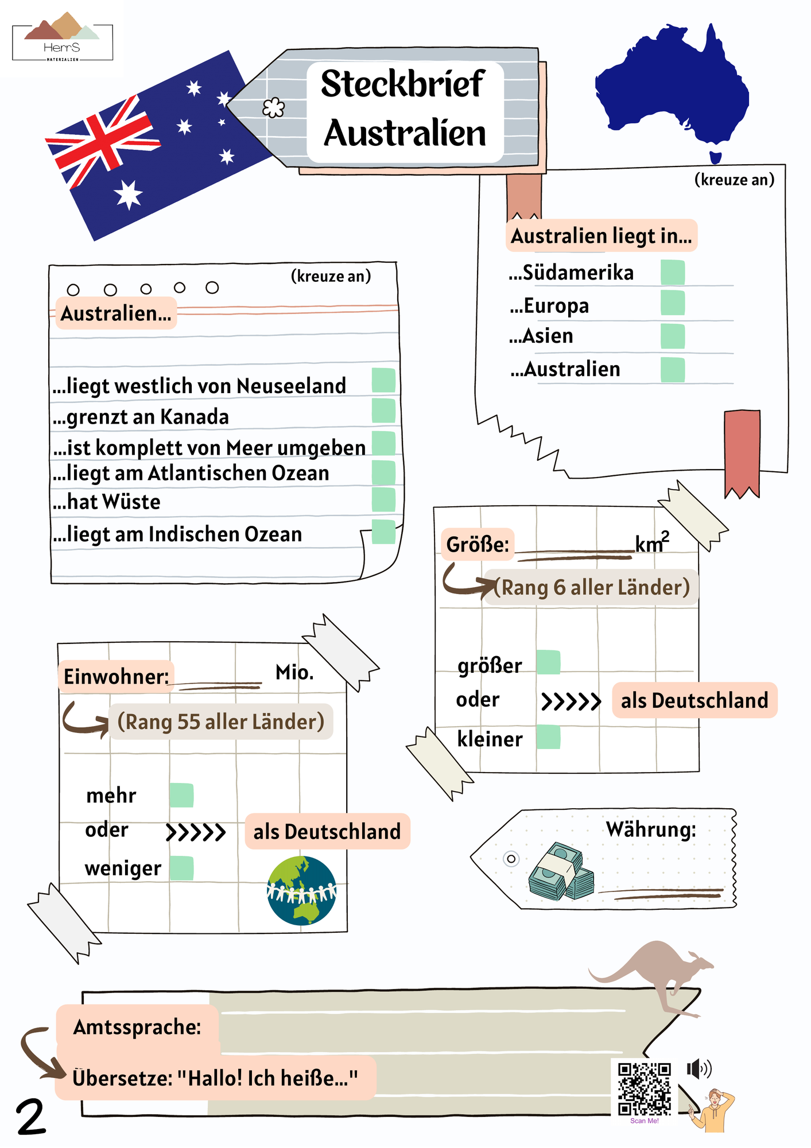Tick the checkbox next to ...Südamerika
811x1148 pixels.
(672, 272)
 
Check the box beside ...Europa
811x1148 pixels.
(672, 303)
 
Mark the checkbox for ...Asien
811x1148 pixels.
(672, 336)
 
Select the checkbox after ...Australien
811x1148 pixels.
(672, 370)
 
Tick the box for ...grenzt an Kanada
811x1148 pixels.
(383, 411)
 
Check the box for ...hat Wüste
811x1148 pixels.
(383, 499)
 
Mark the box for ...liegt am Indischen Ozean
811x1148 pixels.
(383, 532)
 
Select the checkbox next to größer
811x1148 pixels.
(548, 662)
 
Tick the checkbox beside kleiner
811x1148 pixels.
(548, 737)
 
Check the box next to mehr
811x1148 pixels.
(181, 796)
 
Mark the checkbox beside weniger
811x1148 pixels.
(181, 868)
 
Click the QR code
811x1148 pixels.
(644, 1089)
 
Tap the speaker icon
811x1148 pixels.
(699, 1069)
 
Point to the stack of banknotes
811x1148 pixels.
(561, 871)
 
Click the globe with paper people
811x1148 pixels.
(301, 890)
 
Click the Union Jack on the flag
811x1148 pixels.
(103, 141)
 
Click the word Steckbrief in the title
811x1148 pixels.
(403, 84)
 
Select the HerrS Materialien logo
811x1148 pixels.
(63, 37)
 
